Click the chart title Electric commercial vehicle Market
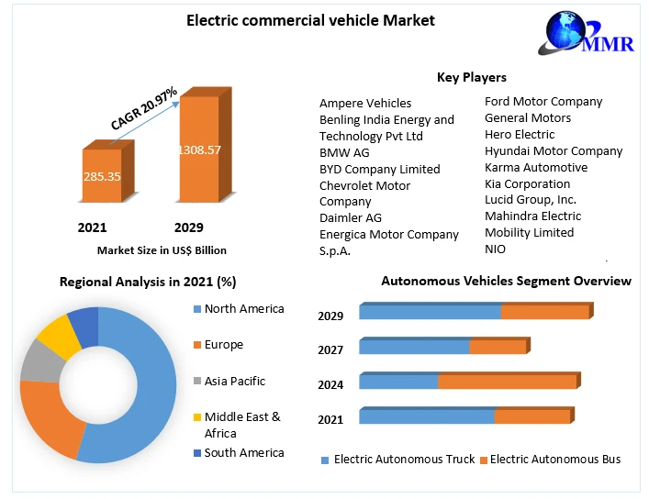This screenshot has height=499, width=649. [311, 20]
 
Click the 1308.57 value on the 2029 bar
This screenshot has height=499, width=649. [199, 150]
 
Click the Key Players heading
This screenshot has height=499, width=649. [471, 77]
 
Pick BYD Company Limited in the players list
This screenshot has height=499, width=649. [379, 169]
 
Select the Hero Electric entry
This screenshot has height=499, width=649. [520, 134]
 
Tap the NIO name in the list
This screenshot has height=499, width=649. [495, 249]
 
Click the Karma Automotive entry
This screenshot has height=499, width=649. [536, 167]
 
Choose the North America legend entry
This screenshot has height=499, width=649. [243, 309]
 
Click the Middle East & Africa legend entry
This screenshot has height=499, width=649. [242, 425]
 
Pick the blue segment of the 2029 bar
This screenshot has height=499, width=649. [430, 312]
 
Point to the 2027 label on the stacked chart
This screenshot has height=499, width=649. [330, 349]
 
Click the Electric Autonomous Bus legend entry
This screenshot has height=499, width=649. [554, 459]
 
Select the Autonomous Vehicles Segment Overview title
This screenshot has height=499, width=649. [506, 281]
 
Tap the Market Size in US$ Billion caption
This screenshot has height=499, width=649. [162, 249]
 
